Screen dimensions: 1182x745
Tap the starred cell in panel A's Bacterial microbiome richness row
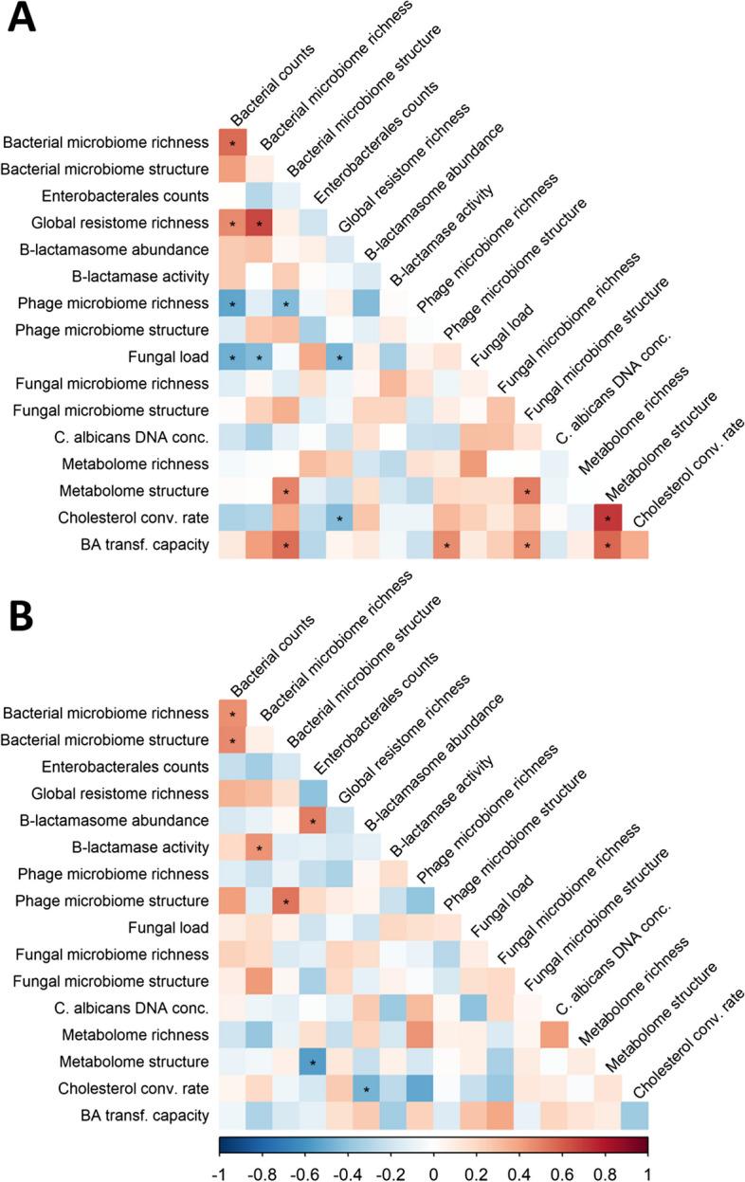coord(232,143)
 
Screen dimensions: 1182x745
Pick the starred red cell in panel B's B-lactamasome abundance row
coord(313,819)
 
